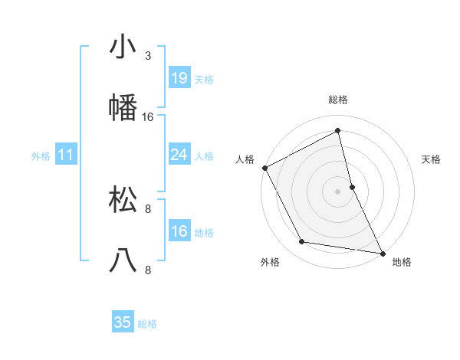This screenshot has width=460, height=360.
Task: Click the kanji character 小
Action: point(123,47)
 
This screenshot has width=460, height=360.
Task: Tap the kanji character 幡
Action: point(123,108)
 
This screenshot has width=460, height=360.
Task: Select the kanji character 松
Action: point(123,200)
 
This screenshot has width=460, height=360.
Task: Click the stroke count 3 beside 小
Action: point(148,56)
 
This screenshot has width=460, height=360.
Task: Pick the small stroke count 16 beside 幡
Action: point(148,117)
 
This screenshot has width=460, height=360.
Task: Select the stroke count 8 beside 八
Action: point(148,270)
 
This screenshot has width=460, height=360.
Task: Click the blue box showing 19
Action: point(179,78)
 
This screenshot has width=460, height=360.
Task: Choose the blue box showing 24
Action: point(179,155)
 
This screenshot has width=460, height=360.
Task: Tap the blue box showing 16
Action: point(179,231)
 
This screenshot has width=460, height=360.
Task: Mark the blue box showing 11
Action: point(66,155)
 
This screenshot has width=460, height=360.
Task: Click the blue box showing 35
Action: point(123,322)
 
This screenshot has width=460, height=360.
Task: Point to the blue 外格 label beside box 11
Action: point(41,156)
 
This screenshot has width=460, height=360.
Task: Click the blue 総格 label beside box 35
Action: point(147,324)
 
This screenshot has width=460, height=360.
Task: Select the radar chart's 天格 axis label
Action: point(432,159)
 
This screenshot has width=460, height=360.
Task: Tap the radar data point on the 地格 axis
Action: point(382,253)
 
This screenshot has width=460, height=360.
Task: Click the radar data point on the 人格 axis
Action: point(264,167)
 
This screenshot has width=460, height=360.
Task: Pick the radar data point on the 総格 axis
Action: point(338,130)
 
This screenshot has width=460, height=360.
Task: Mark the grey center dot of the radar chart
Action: point(338,191)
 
